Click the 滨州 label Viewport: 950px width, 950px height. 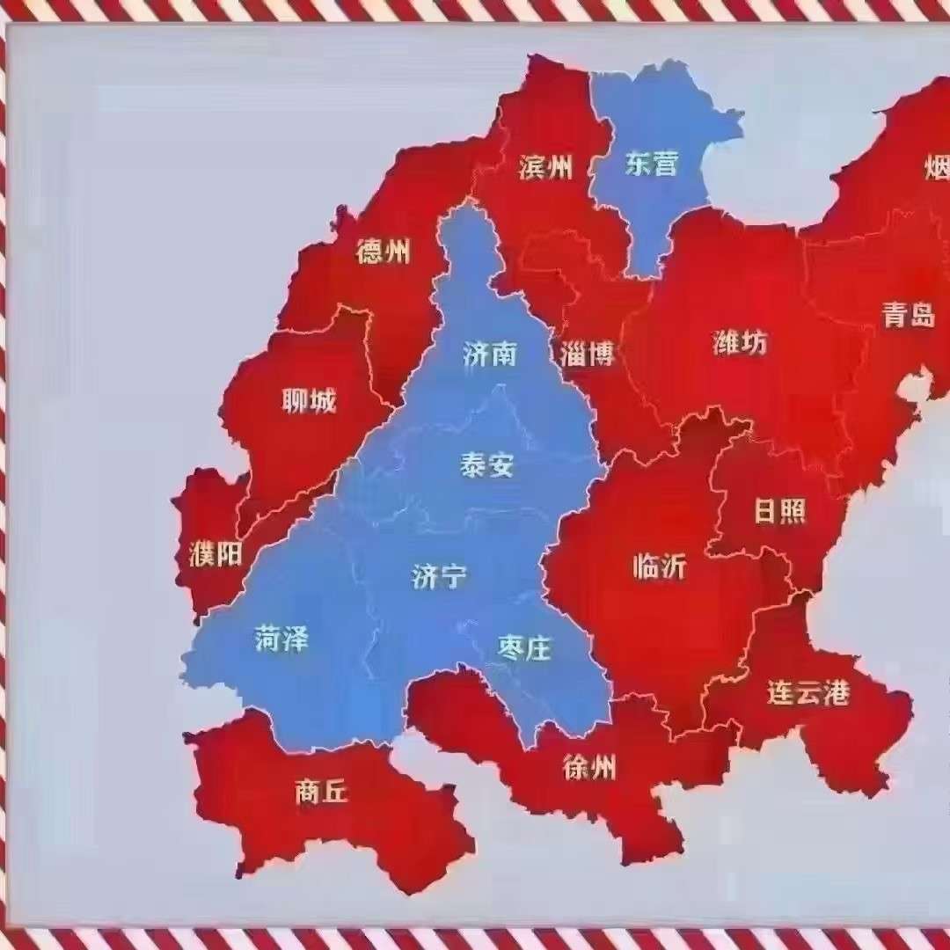(x=545, y=166)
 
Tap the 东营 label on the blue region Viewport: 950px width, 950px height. (x=652, y=164)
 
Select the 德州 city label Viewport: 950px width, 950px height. (x=383, y=252)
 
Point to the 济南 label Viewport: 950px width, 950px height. (x=489, y=354)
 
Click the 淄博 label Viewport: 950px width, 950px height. (x=587, y=354)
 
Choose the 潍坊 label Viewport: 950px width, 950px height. (x=740, y=342)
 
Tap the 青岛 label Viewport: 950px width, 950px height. (x=909, y=315)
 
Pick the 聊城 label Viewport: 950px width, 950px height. (x=309, y=402)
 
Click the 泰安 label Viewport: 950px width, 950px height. (x=486, y=465)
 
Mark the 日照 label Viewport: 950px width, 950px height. (x=780, y=512)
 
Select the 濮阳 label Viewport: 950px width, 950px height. (x=216, y=555)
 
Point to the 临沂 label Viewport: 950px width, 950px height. (x=659, y=567)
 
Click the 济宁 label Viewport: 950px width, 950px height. (x=439, y=577)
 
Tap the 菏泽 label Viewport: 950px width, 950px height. (x=282, y=639)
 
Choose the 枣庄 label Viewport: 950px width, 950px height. (x=524, y=649)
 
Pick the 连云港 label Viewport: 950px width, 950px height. (x=808, y=693)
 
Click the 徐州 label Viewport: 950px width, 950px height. (x=589, y=769)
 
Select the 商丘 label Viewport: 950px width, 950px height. (x=322, y=793)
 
